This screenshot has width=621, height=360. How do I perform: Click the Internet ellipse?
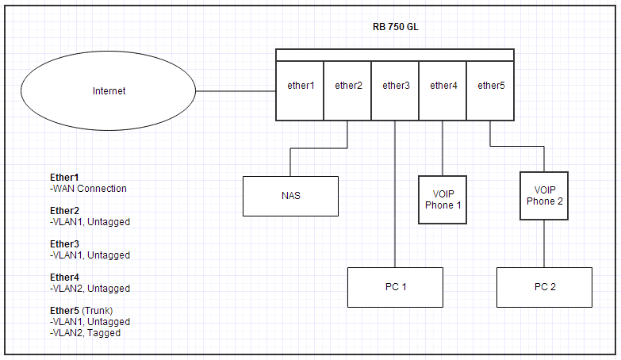pos(109,91)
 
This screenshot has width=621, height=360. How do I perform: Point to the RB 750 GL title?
pos(395,26)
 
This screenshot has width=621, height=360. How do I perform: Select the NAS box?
pos(290,196)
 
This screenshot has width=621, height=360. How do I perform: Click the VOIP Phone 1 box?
pos(443,200)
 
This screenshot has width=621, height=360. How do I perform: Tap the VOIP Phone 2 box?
pos(544,195)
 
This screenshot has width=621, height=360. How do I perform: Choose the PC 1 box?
pos(395,287)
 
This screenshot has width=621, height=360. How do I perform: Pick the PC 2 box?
pos(544,287)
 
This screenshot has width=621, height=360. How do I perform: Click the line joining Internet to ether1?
pos(236,91)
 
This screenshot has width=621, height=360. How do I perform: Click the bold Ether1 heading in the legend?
pos(65,178)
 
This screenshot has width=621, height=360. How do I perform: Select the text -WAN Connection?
pos(88,189)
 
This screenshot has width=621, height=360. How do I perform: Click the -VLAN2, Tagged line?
pos(85,333)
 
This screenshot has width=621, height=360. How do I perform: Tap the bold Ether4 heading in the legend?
pos(65,278)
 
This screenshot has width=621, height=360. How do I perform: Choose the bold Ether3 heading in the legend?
pos(65,244)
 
